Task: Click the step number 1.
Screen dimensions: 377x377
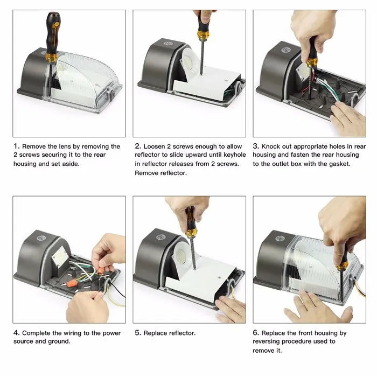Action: tap(16, 146)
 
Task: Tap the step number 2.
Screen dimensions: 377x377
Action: tap(137, 146)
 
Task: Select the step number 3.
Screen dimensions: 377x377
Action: tap(256, 146)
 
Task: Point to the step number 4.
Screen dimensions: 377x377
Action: tap(16, 333)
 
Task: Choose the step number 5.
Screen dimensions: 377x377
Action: tap(137, 333)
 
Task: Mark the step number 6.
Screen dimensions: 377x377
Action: tap(256, 333)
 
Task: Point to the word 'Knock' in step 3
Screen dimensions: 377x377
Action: tap(271, 146)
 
